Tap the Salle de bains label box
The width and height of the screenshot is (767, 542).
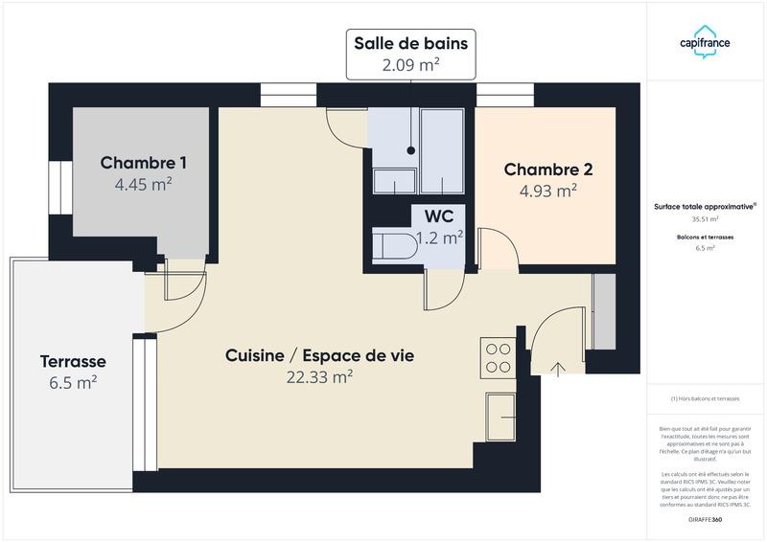coord(410,54)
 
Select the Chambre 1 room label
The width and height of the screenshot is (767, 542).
coord(144,163)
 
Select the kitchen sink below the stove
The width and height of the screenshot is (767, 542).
coord(500,418)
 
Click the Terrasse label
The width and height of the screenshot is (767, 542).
coord(73,362)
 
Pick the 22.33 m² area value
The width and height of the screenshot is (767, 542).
coord(319,377)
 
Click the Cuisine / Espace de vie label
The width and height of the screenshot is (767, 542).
coord(319,355)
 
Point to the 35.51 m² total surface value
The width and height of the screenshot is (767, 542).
coord(705,218)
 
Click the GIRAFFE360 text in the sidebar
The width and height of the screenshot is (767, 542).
coord(705,519)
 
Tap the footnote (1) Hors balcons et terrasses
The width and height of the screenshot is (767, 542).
coord(705,398)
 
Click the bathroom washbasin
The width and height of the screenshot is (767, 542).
coord(394,181)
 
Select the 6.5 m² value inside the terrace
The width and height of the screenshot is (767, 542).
coord(73,382)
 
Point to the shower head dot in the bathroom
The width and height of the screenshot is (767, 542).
coord(411,150)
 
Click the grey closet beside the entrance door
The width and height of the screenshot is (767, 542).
coord(604,312)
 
